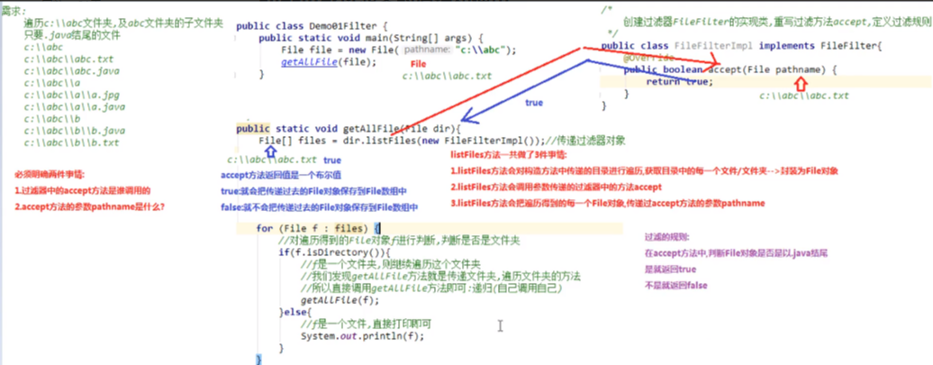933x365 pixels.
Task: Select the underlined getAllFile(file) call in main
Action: tap(314, 62)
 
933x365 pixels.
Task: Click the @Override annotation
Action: tap(646, 58)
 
